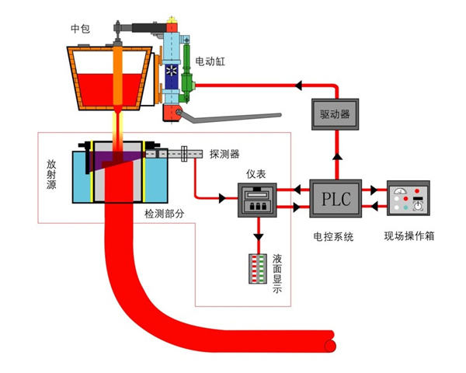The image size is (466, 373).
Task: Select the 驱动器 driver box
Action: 335,113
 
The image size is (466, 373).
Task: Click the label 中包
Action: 80,30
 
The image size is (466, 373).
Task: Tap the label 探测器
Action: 224,153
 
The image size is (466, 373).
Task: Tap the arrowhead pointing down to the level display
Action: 257,235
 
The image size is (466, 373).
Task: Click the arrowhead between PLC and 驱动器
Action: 336,156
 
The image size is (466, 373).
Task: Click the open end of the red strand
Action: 332,340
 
